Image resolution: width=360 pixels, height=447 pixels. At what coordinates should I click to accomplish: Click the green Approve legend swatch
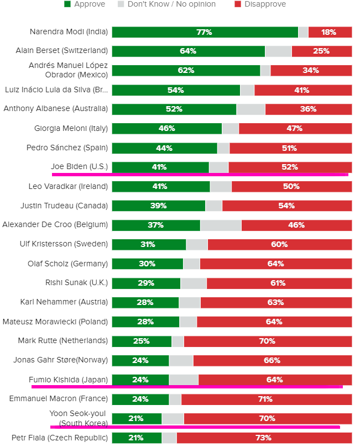(x=67, y=4)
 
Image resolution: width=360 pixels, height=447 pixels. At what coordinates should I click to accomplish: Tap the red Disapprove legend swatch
(x=238, y=4)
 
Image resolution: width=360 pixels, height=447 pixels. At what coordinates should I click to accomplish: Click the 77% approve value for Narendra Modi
(x=204, y=32)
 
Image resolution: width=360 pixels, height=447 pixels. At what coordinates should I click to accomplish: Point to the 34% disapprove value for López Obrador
(x=311, y=71)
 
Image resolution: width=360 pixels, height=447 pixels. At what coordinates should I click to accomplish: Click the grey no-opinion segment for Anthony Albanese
(x=251, y=109)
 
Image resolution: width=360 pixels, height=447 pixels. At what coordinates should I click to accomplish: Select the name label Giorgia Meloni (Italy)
(x=71, y=128)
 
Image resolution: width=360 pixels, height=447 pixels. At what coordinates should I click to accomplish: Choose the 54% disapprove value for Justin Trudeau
(x=287, y=206)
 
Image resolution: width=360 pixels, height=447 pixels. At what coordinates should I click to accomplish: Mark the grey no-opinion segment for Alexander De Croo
(x=221, y=225)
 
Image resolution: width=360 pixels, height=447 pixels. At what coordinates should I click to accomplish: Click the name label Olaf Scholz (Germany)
(x=67, y=264)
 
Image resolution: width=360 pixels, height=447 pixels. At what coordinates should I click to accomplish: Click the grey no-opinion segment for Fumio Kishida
(x=184, y=380)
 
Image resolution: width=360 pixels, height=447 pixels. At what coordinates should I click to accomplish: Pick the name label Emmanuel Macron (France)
(x=59, y=398)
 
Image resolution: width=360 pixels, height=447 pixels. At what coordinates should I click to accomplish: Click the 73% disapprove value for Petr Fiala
(x=263, y=438)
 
